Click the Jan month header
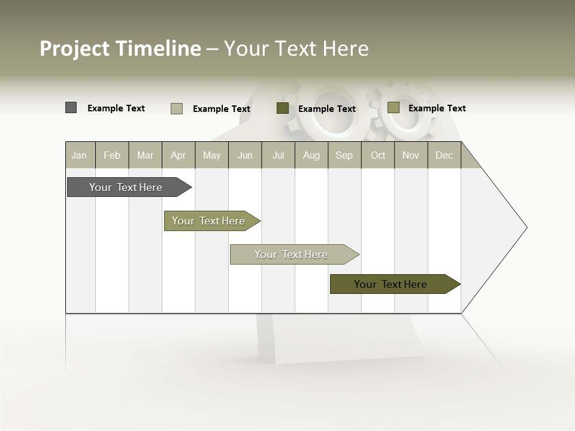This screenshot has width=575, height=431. (x=80, y=155)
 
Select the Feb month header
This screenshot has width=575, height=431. (x=112, y=155)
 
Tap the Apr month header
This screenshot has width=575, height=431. (x=178, y=155)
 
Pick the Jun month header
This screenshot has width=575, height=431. (x=245, y=155)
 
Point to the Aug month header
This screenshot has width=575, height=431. (x=311, y=155)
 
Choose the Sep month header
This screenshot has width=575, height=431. (x=344, y=155)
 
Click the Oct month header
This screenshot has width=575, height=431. (x=378, y=155)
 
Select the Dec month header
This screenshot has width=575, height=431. (x=444, y=155)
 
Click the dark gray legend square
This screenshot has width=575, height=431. (x=71, y=108)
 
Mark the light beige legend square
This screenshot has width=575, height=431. (x=177, y=108)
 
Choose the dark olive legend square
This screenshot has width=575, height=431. (x=283, y=108)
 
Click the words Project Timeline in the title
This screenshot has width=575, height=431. (x=120, y=48)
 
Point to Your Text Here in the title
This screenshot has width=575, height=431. (x=296, y=48)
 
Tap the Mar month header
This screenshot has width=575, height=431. (x=145, y=155)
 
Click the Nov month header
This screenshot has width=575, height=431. (x=411, y=155)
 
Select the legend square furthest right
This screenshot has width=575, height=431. (x=394, y=108)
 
